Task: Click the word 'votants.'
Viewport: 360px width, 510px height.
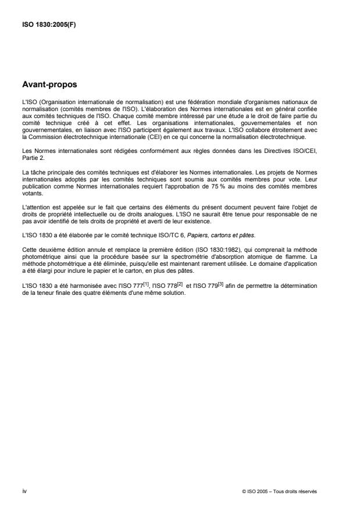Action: (31, 195)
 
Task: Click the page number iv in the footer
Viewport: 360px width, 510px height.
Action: (24, 491)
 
